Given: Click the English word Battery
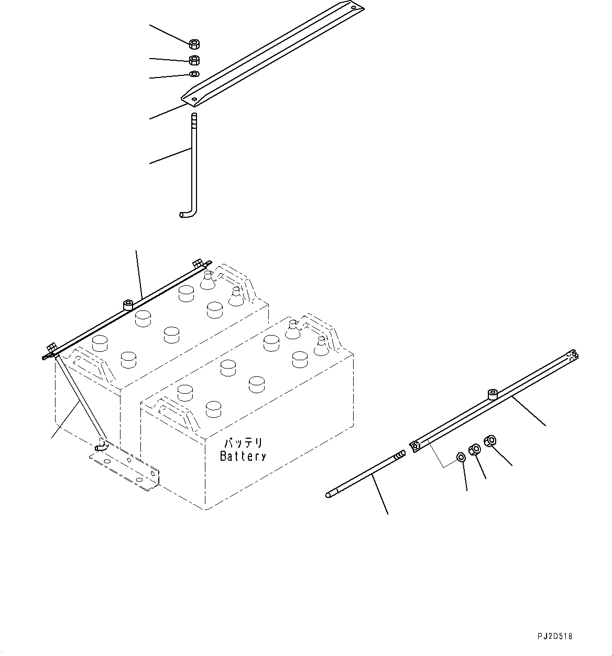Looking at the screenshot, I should coord(243,456).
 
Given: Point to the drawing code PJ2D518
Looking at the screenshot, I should coord(554,636).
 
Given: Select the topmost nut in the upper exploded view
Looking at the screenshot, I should coord(194,43).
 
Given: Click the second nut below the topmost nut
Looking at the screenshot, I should coord(194,60).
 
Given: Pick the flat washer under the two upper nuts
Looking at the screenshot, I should coord(194,74).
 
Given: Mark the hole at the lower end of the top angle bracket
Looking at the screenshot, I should coord(195,98).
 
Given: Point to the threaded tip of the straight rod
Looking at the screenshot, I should coord(400,455).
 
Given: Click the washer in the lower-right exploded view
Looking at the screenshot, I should coord(461,457).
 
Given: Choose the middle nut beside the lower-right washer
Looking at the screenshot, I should coord(475,449).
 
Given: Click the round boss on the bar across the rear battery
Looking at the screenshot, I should coord(127,304).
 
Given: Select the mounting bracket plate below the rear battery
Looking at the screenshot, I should coord(126,469).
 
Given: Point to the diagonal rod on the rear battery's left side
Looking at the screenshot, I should coord(79,398).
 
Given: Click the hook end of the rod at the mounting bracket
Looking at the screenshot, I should coord(100,446).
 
